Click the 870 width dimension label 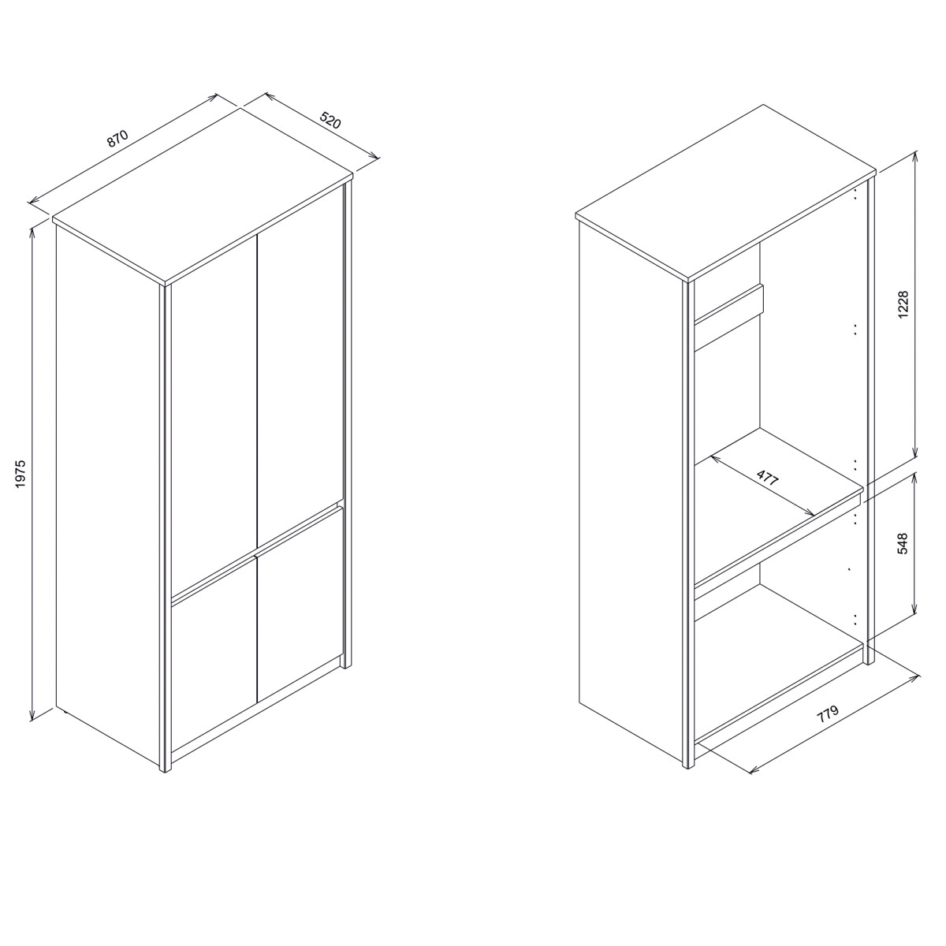coord(117,139)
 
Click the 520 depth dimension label coord(330,121)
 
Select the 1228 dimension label coord(903,304)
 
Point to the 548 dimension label coord(903,544)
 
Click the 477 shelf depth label coord(768,478)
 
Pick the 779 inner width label coord(828,714)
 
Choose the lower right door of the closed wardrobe coord(300,605)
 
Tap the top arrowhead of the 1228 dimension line coord(915,157)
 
